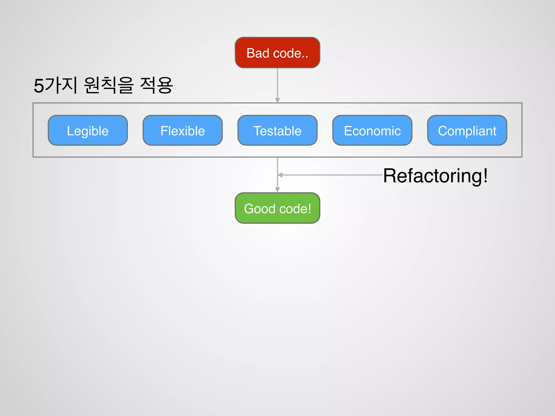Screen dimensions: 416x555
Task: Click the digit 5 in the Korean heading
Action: (39, 86)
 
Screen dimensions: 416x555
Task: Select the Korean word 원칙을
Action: (108, 85)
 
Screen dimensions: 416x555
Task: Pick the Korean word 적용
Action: (156, 85)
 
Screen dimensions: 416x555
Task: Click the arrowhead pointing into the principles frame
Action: (277, 100)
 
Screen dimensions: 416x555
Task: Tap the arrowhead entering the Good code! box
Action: (277, 190)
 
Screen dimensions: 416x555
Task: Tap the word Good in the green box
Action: (260, 209)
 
